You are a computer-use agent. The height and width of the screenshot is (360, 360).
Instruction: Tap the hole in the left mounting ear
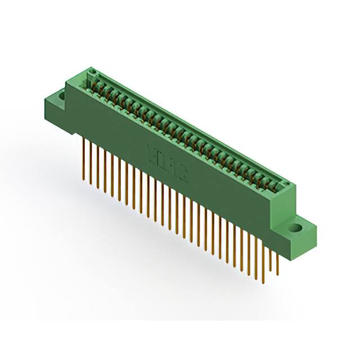[x=58, y=98]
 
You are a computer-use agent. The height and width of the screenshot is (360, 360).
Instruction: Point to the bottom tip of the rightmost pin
[x=277, y=272]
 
